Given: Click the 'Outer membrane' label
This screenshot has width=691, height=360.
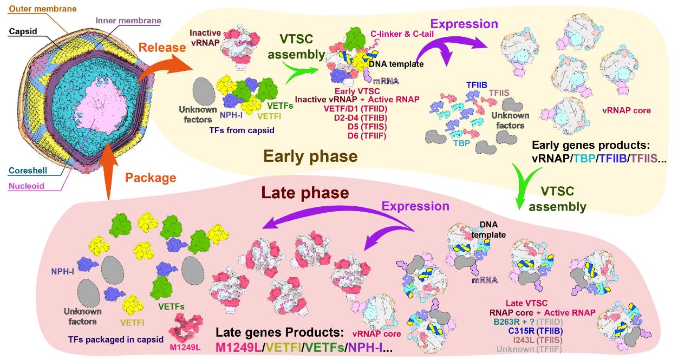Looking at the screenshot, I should pos(36,9).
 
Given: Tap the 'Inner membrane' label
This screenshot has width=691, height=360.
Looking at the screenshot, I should pos(127,21).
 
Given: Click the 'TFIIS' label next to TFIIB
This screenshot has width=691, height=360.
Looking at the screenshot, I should pos(499,93).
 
